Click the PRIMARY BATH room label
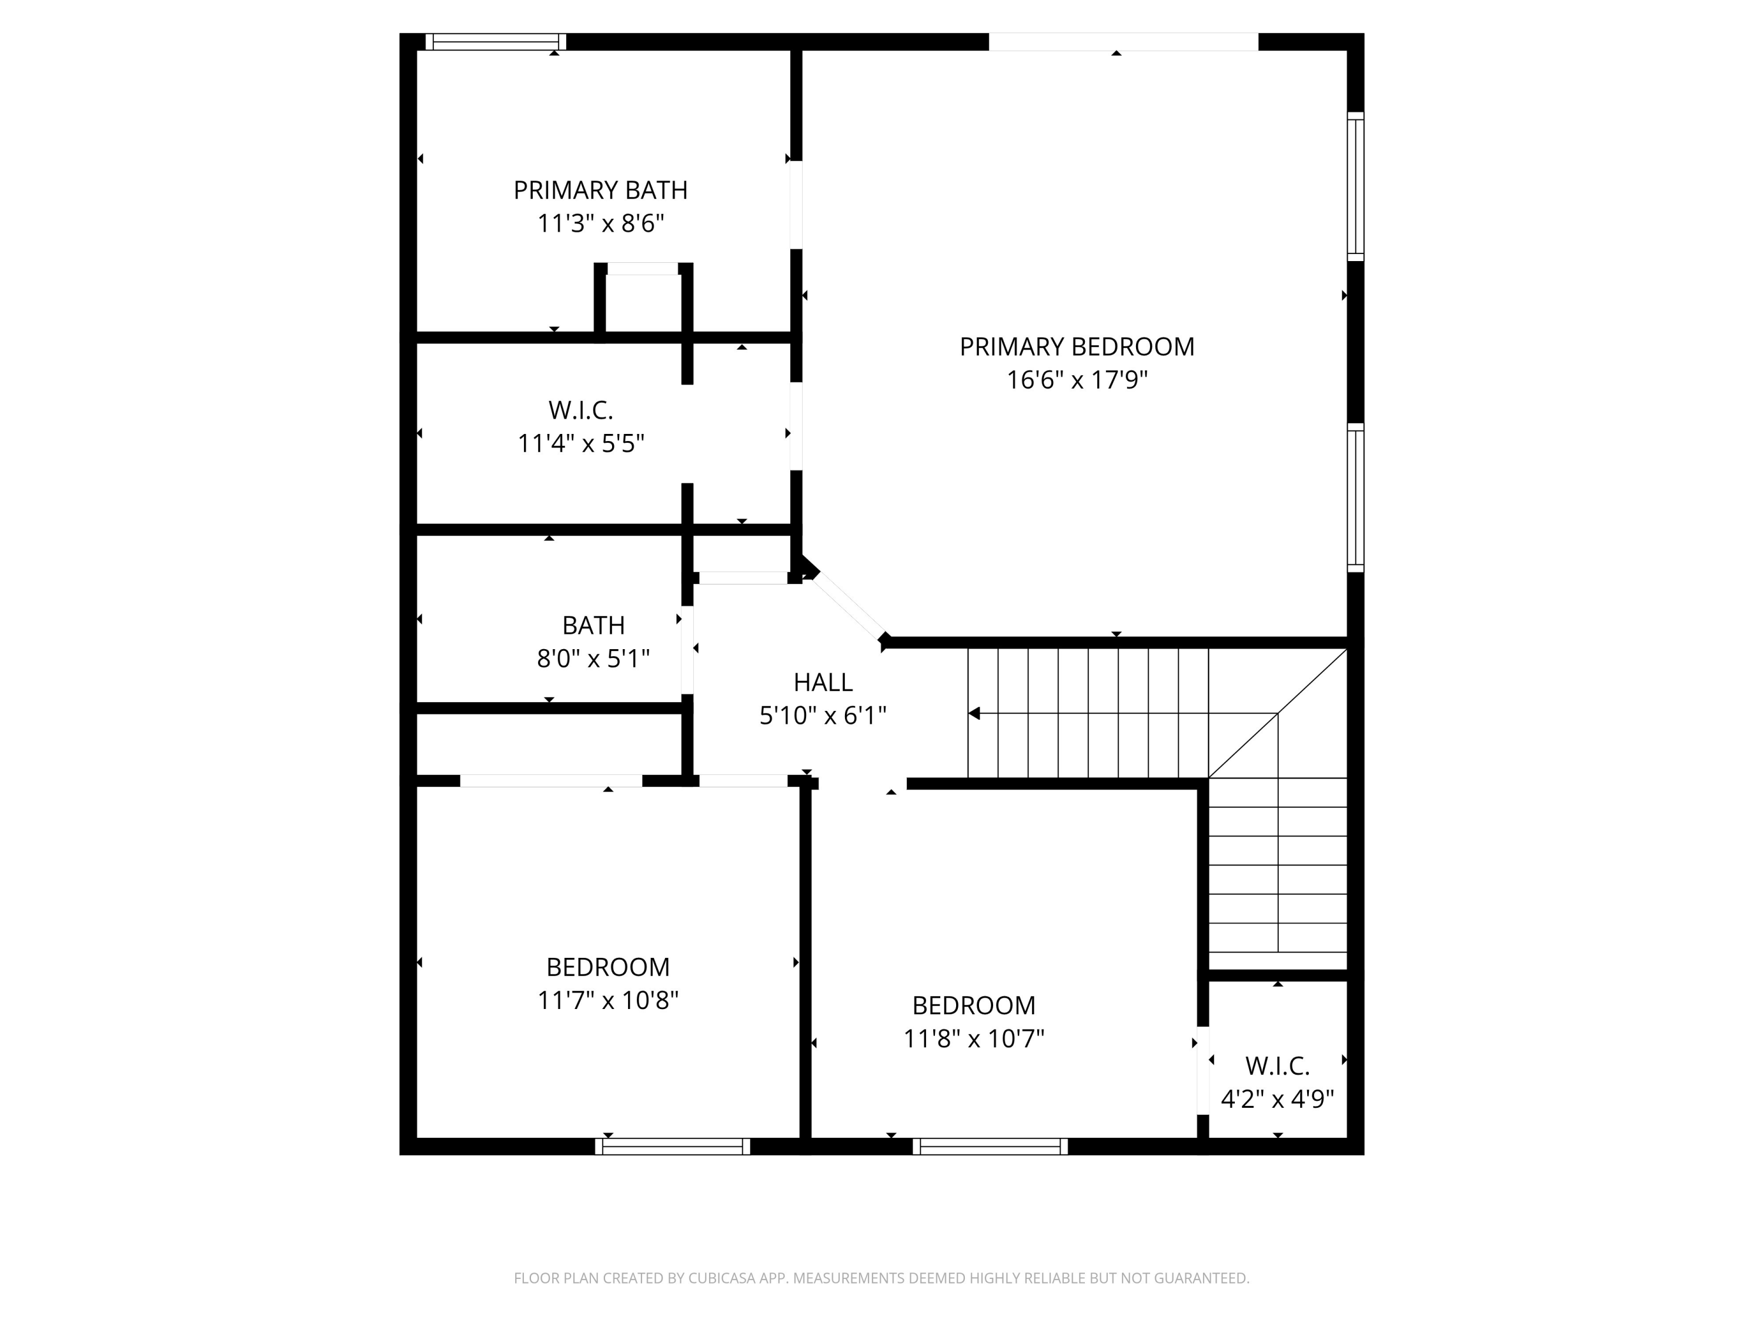click(x=600, y=190)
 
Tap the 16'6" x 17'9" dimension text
click(x=1077, y=380)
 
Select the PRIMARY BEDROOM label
click(x=1077, y=346)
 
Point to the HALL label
click(x=823, y=682)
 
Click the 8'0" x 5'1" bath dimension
click(x=593, y=659)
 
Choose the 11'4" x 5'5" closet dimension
click(x=580, y=443)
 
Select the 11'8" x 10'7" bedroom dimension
click(x=974, y=1038)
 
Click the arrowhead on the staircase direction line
click(x=974, y=713)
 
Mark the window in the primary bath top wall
click(x=495, y=42)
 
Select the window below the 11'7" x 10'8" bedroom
click(x=672, y=1146)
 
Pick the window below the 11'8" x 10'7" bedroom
click(x=990, y=1146)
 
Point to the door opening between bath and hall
click(x=687, y=649)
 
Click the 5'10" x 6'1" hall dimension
click(x=823, y=716)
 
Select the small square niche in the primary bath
click(x=643, y=302)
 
